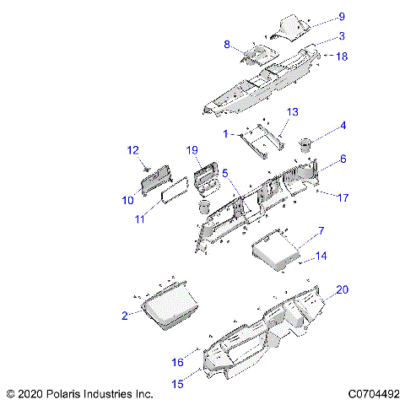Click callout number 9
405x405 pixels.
(342, 16)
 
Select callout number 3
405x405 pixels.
(342, 35)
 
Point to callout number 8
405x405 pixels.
(227, 44)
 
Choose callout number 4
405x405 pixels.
(343, 127)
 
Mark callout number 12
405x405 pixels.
(132, 150)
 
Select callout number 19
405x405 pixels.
(192, 150)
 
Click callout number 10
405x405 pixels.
(128, 200)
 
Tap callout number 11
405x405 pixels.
(140, 219)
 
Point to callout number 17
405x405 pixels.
(343, 198)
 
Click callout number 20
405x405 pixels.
(342, 289)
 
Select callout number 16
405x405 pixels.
(177, 362)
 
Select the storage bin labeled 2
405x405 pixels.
(169, 308)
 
